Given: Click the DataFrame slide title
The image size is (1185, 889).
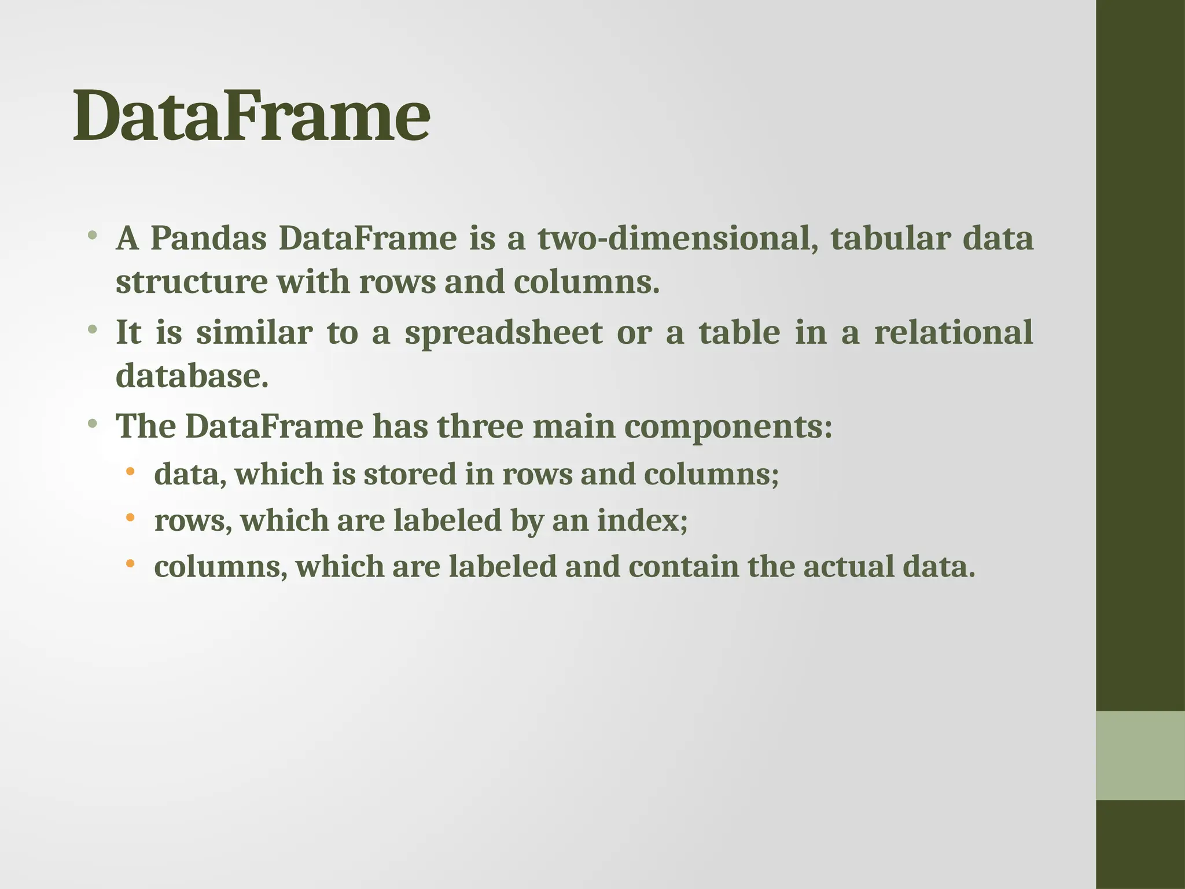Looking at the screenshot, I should point(251,116).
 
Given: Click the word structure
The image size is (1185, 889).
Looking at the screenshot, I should point(192,282).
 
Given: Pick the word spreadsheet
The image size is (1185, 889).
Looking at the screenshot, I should point(503,333).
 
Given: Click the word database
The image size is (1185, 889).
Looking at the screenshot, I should point(192,376).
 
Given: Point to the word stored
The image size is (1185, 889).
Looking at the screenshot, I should point(410,474).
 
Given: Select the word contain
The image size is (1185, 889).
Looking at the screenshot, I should point(683,567).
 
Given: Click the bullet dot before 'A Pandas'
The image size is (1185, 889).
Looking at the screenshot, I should point(92,236).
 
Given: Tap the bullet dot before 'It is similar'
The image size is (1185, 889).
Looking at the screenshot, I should point(92,330).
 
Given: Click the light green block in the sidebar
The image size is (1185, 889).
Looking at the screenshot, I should point(1140,755).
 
